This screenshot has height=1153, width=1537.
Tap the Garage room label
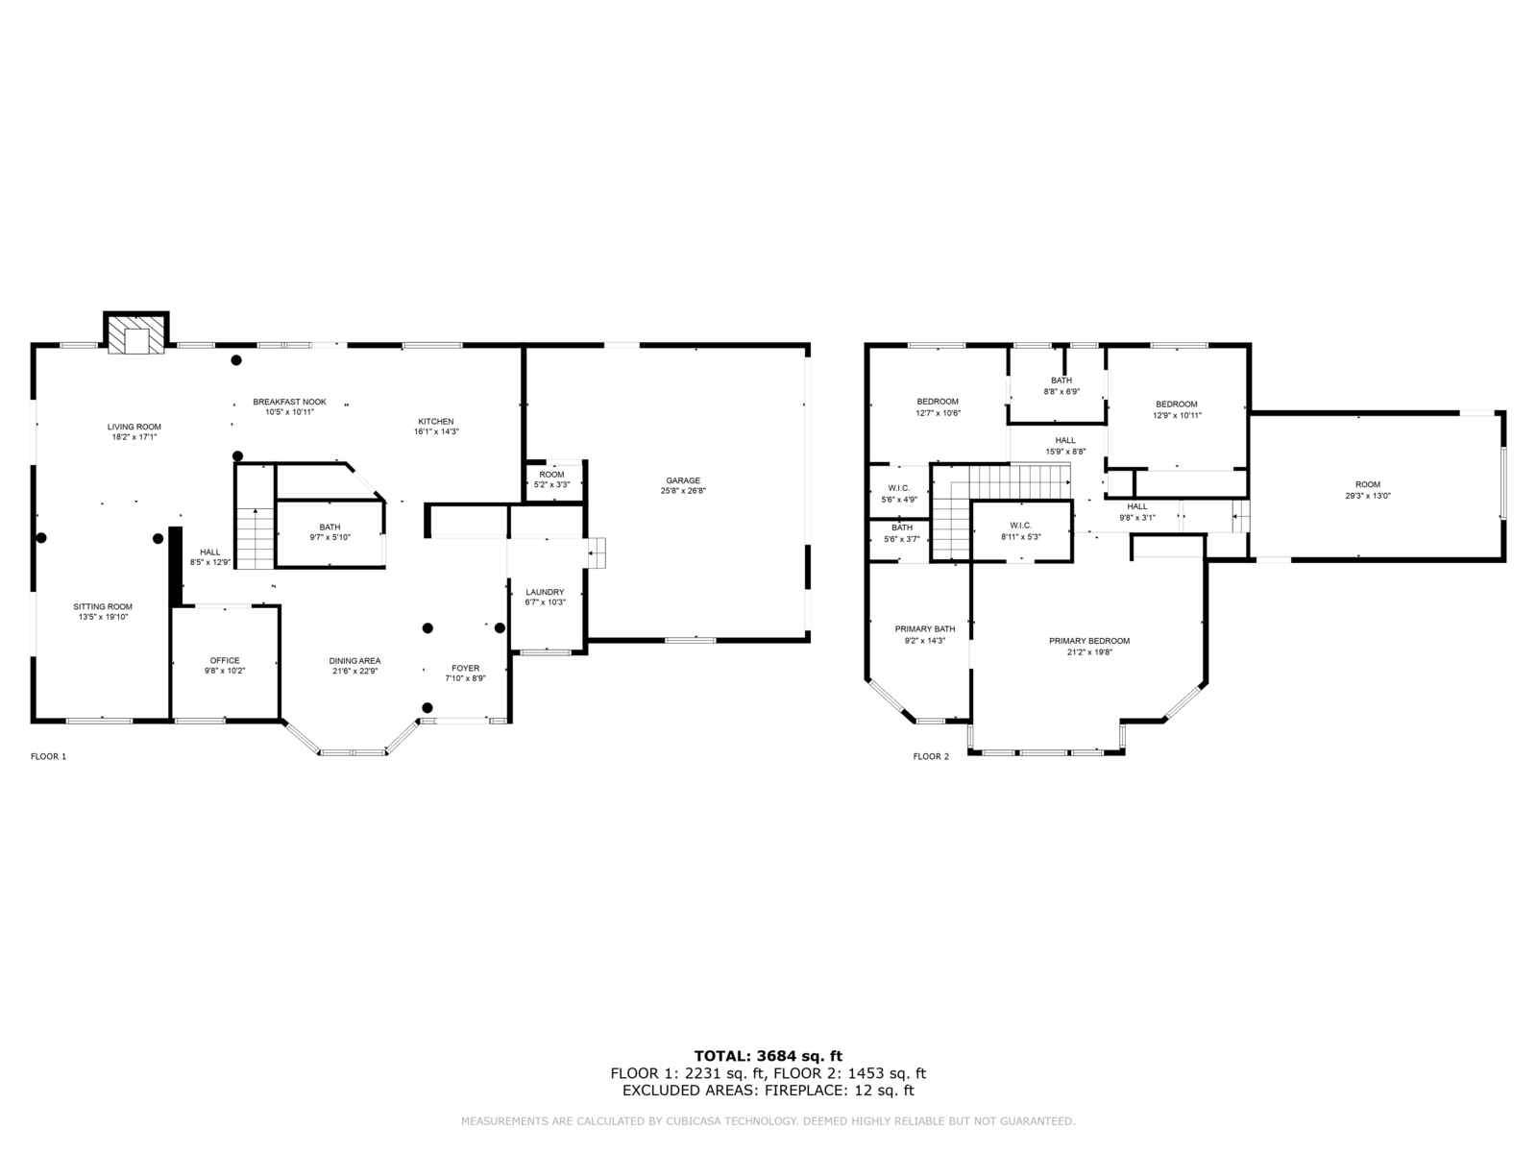click(683, 480)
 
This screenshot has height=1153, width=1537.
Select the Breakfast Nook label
click(289, 402)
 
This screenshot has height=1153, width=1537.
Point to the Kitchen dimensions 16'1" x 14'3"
click(436, 432)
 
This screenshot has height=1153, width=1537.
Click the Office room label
click(225, 660)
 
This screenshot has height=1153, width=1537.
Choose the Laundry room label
click(545, 592)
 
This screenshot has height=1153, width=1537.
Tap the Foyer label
click(466, 668)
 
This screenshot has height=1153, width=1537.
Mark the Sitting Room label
click(103, 607)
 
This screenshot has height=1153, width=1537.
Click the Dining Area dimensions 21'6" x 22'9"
click(355, 671)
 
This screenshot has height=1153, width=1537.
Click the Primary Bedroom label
click(1089, 641)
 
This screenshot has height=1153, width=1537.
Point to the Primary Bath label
click(925, 628)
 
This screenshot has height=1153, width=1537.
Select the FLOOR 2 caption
click(931, 756)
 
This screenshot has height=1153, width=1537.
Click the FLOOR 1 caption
click(48, 756)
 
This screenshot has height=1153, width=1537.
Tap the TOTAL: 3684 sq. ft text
click(768, 1056)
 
